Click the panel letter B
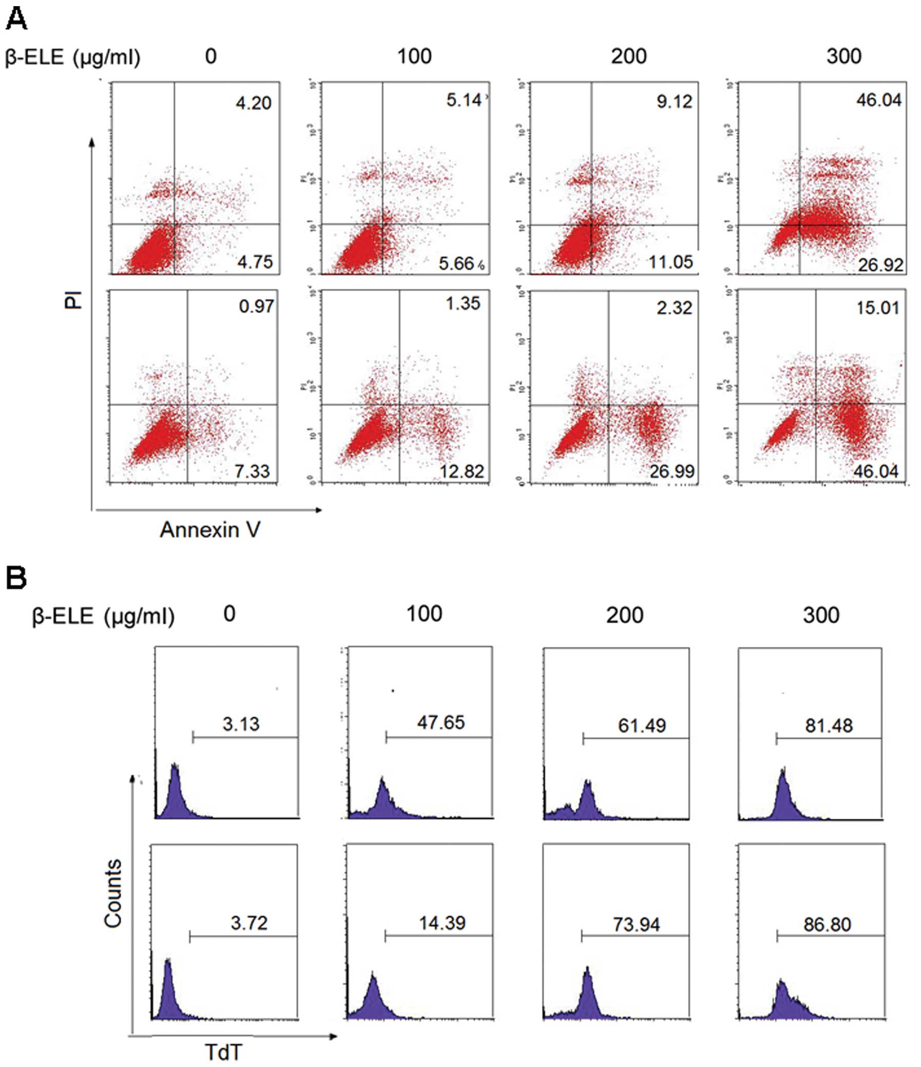pyautogui.click(x=16, y=578)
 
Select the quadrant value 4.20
pyautogui.click(x=253, y=104)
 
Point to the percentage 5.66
pyautogui.click(x=456, y=264)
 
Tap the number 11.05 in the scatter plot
pyautogui.click(x=670, y=262)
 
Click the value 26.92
pyautogui.click(x=880, y=265)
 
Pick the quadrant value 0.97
pyautogui.click(x=256, y=306)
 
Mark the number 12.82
pyautogui.click(x=462, y=471)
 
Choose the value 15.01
pyautogui.click(x=878, y=308)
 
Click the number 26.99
pyautogui.click(x=672, y=471)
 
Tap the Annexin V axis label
pyautogui.click(x=210, y=529)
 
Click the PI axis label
pyautogui.click(x=74, y=300)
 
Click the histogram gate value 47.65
pyautogui.click(x=441, y=722)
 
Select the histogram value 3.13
pyautogui.click(x=241, y=723)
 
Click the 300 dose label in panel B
pyautogui.click(x=821, y=615)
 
